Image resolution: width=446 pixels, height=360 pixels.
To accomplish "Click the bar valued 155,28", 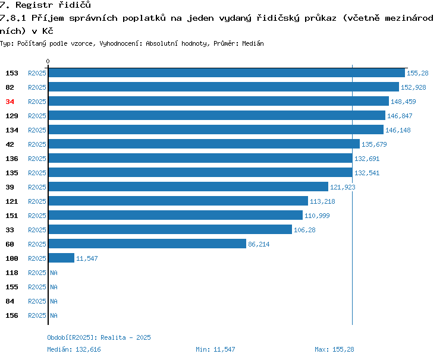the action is pyautogui.click(x=227, y=72).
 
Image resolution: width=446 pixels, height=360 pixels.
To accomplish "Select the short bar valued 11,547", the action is pyautogui.click(x=61, y=258).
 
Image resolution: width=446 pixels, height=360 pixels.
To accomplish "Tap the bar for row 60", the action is pyautogui.click(x=147, y=244).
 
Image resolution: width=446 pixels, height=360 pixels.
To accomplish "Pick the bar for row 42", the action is pyautogui.click(x=204, y=144).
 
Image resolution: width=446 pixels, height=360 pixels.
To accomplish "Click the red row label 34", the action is pyautogui.click(x=10, y=102).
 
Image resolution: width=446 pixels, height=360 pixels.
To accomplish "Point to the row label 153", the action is pyautogui.click(x=12, y=73).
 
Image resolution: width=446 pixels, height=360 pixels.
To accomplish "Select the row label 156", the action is pyautogui.click(x=12, y=315).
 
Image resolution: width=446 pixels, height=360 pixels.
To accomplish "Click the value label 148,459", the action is pyautogui.click(x=403, y=102).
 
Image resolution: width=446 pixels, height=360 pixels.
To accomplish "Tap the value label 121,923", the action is pyautogui.click(x=343, y=187).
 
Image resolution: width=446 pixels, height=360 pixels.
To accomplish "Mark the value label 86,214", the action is pyautogui.click(x=259, y=244).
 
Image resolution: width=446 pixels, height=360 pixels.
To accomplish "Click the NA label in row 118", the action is pyautogui.click(x=54, y=273).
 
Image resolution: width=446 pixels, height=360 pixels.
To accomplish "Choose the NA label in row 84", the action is pyautogui.click(x=54, y=301).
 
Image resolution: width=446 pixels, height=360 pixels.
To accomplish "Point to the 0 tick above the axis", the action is pyautogui.click(x=48, y=61).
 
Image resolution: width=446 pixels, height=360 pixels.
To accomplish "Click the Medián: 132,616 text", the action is pyautogui.click(x=74, y=349).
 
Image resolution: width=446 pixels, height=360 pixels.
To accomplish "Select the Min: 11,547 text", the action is pyautogui.click(x=215, y=349).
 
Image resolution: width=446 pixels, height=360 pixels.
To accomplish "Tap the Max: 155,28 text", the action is pyautogui.click(x=334, y=349).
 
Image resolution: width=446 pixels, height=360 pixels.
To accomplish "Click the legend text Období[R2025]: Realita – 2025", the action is pyautogui.click(x=99, y=337).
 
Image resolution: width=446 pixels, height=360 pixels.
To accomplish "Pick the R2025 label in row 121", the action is pyautogui.click(x=37, y=201).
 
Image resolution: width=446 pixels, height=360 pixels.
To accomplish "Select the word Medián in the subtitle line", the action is pyautogui.click(x=253, y=43).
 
